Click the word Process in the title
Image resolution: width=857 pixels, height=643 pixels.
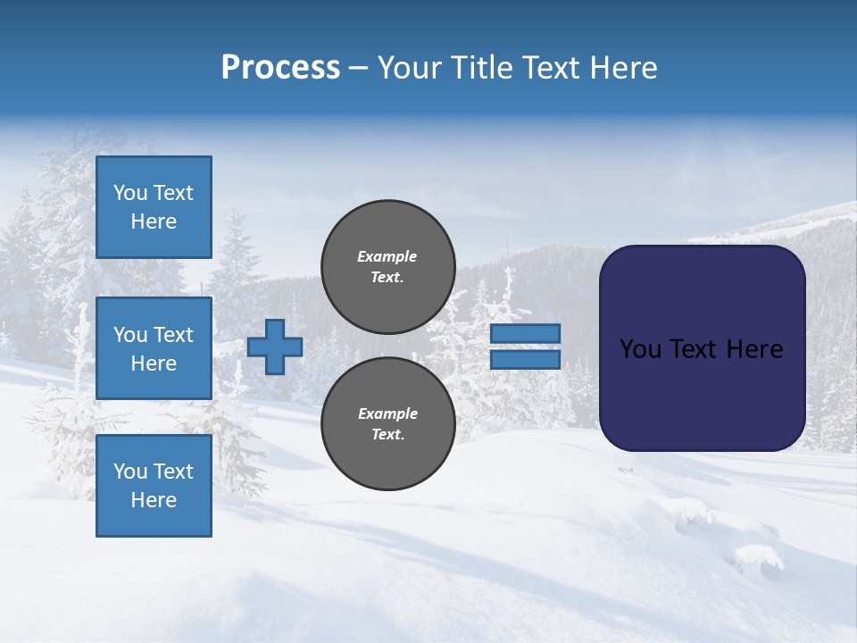[x=280, y=68]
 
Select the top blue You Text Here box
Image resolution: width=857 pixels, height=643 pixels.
[x=154, y=207]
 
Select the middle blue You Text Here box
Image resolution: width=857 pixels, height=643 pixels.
[x=154, y=348]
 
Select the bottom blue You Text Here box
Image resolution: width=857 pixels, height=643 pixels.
[x=154, y=486]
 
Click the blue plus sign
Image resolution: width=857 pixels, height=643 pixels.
[x=275, y=347]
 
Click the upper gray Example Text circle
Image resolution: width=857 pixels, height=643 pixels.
[x=388, y=266]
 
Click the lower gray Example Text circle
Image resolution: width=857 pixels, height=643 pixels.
[x=388, y=423]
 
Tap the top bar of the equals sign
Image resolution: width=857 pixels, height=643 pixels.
[x=526, y=334]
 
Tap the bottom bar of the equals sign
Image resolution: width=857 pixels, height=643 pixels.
[x=526, y=360]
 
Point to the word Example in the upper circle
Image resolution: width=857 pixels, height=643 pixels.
[x=387, y=256]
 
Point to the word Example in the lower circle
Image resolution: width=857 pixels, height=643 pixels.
[x=387, y=413]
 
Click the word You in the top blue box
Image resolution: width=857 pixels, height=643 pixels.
[x=130, y=193]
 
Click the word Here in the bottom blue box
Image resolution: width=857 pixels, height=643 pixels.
[x=154, y=500]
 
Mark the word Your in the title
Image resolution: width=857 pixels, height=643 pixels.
[x=409, y=68]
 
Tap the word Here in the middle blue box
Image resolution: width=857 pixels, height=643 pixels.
[x=154, y=363]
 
